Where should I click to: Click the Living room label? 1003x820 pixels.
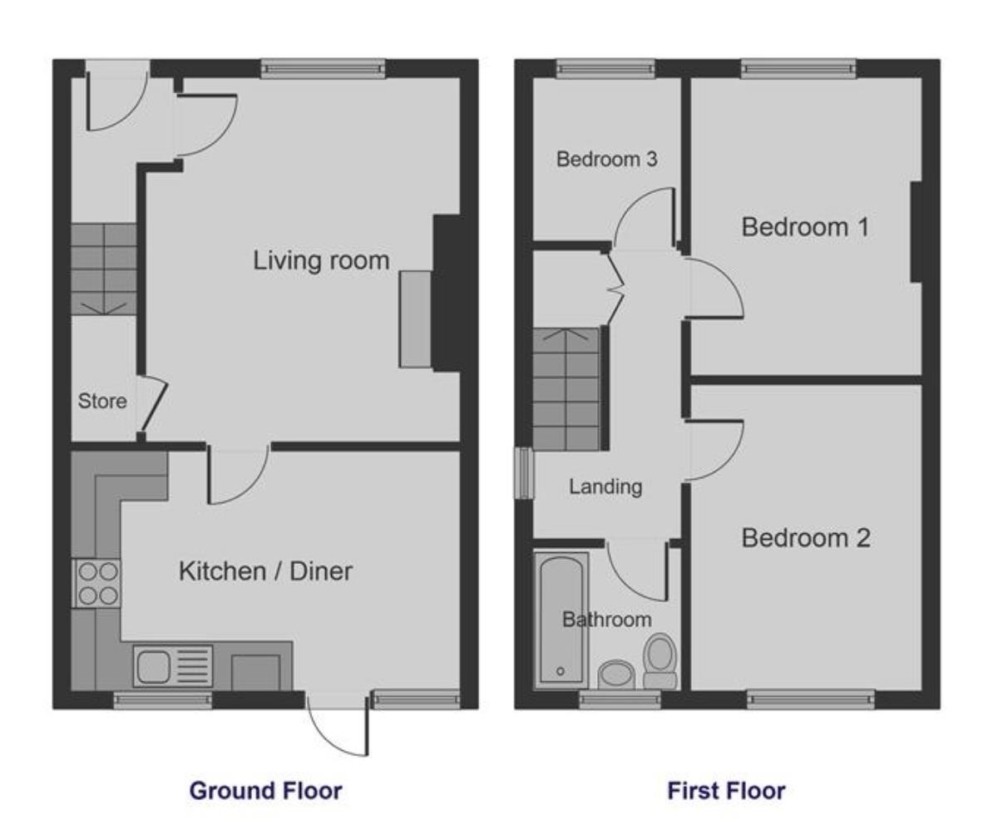coord(321,260)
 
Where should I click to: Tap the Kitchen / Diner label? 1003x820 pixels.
coord(265,571)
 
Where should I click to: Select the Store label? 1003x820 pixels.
coord(102,402)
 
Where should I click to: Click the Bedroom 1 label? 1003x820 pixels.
coord(805,226)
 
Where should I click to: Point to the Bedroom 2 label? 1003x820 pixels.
coord(805,538)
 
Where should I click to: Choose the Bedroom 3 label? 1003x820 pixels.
coord(606,159)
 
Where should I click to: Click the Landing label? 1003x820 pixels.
coord(605,487)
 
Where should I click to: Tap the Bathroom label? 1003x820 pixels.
coord(606,620)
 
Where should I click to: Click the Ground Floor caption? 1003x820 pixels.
coord(265,790)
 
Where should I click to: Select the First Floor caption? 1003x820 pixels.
coord(726,790)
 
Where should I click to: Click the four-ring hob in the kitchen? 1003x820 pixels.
coord(97,584)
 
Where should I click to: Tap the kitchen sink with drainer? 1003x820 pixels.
coord(173,667)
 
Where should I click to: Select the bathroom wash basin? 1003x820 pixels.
coord(616,674)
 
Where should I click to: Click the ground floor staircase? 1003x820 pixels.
coord(103,269)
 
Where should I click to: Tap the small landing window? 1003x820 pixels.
coord(523,473)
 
